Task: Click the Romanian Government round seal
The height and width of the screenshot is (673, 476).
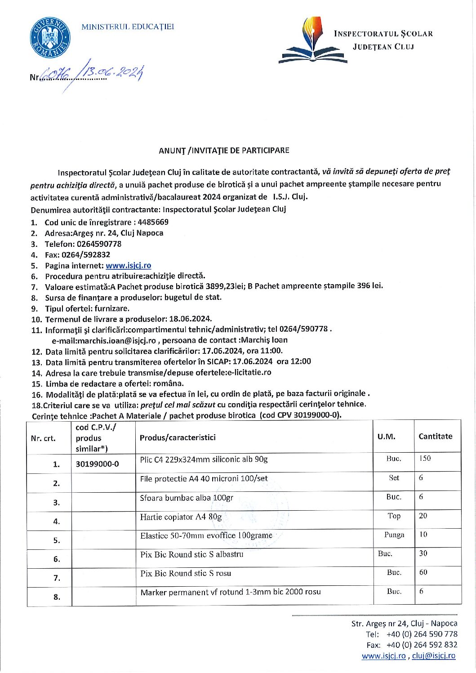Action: (50, 38)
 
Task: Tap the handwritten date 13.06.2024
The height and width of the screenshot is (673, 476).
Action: (114, 72)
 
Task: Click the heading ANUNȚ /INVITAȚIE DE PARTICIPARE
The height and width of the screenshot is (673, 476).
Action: (224, 151)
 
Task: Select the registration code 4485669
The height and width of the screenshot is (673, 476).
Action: (153, 222)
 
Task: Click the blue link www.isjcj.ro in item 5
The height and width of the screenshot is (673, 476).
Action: (129, 266)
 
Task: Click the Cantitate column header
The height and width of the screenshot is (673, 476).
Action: (435, 437)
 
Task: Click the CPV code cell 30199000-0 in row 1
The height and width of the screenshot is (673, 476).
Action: (98, 464)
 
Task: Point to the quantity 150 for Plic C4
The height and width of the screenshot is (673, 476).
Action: (425, 459)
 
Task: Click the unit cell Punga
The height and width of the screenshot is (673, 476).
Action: (394, 535)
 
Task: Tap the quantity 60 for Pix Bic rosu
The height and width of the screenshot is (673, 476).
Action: (423, 572)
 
